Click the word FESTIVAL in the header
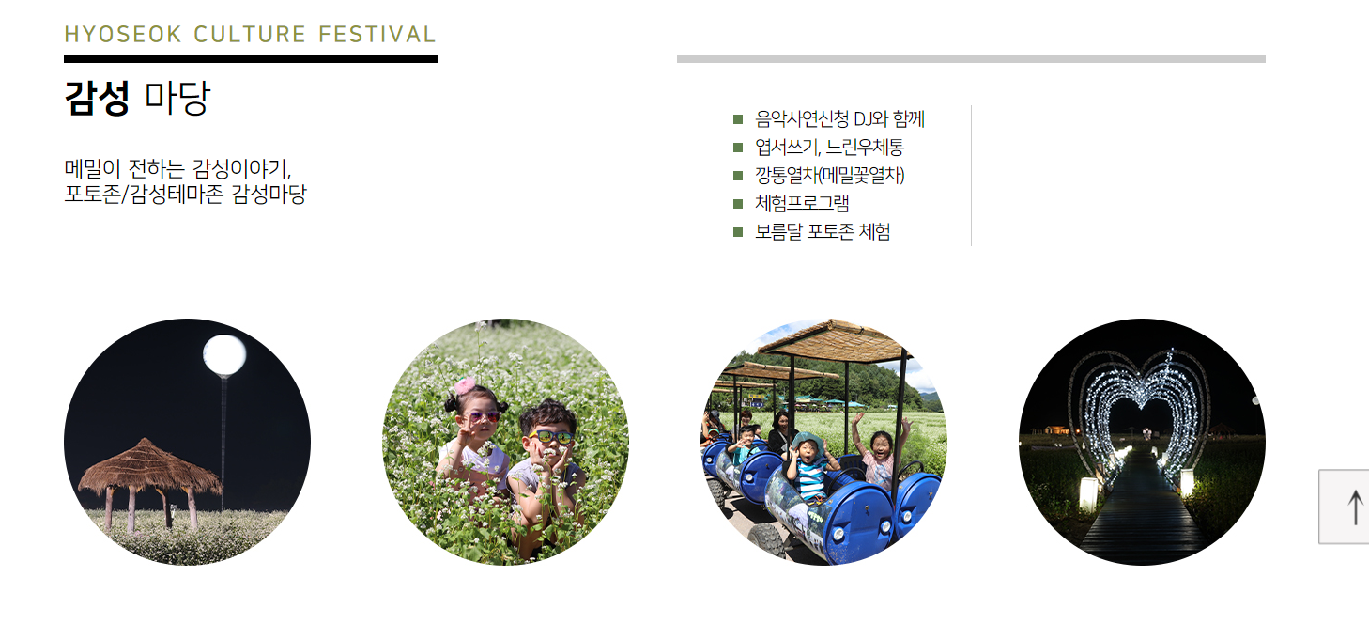coord(377,35)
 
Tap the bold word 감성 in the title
coord(97,98)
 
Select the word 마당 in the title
coord(177,98)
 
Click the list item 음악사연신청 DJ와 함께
coord(839,119)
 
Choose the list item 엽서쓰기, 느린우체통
coord(829,148)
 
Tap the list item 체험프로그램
coord(802,204)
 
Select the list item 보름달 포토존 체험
coord(823,232)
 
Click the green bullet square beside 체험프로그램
coord(738,204)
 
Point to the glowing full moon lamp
coord(224,355)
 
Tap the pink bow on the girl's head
coord(465,387)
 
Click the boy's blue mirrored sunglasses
coord(550,436)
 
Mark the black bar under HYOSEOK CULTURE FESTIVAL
coord(250,58)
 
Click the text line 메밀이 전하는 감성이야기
coord(178,170)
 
